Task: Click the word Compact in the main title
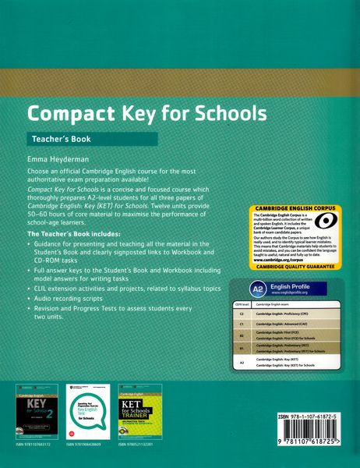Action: click(67, 115)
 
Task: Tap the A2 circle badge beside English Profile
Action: click(236, 285)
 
